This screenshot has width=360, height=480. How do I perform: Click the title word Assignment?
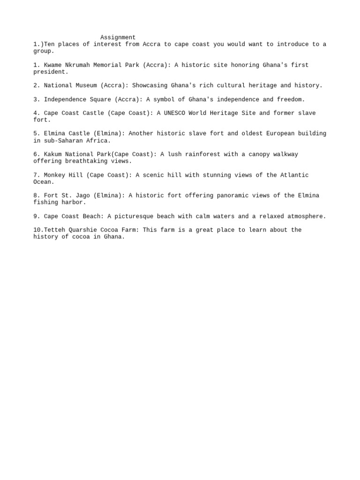[118, 37]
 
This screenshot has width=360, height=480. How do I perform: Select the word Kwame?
[53, 65]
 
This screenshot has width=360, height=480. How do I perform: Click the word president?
[49, 72]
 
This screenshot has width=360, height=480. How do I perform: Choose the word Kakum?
[53, 154]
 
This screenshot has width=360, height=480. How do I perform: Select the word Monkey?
[55, 175]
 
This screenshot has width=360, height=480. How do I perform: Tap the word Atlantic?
[294, 175]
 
